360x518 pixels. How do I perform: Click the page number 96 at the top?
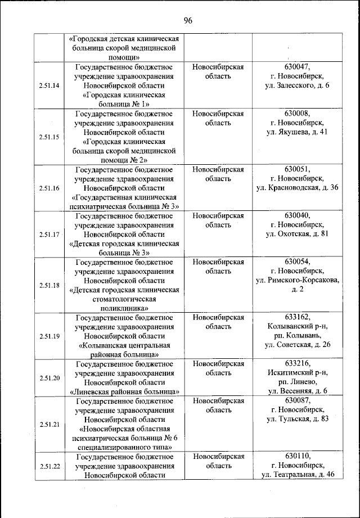[188, 21]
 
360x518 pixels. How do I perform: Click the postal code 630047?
[298, 66]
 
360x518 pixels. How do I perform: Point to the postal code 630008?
[298, 113]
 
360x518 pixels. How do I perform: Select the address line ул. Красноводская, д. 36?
[298, 187]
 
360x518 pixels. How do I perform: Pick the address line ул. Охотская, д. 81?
[298, 234]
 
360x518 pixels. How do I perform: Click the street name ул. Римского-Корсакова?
[298, 280]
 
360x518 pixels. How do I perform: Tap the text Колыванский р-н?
[298, 326]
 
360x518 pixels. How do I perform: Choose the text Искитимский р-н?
[298, 372]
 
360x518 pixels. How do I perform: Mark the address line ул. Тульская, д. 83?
[298, 419]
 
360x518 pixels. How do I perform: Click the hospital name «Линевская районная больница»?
[125, 391]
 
